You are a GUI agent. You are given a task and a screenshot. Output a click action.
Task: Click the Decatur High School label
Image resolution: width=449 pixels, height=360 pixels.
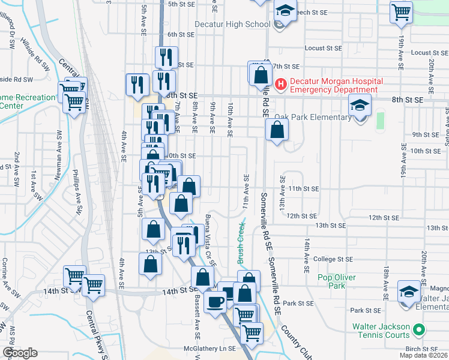click(232, 25)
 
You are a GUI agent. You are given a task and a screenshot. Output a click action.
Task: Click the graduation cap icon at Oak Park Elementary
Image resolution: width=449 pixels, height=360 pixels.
click(360, 106)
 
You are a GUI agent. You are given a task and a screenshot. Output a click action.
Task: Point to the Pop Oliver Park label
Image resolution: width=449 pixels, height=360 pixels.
click(337, 281)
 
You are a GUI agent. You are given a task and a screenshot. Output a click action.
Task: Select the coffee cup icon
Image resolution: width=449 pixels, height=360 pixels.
click(214, 302)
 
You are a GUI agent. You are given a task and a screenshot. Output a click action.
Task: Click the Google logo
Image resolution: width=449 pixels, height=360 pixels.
click(20, 353)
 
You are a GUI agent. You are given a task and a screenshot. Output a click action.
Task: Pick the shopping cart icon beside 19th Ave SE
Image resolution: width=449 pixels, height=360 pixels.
click(401, 11)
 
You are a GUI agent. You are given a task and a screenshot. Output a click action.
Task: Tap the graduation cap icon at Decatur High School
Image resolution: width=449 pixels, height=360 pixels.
click(285, 11)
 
